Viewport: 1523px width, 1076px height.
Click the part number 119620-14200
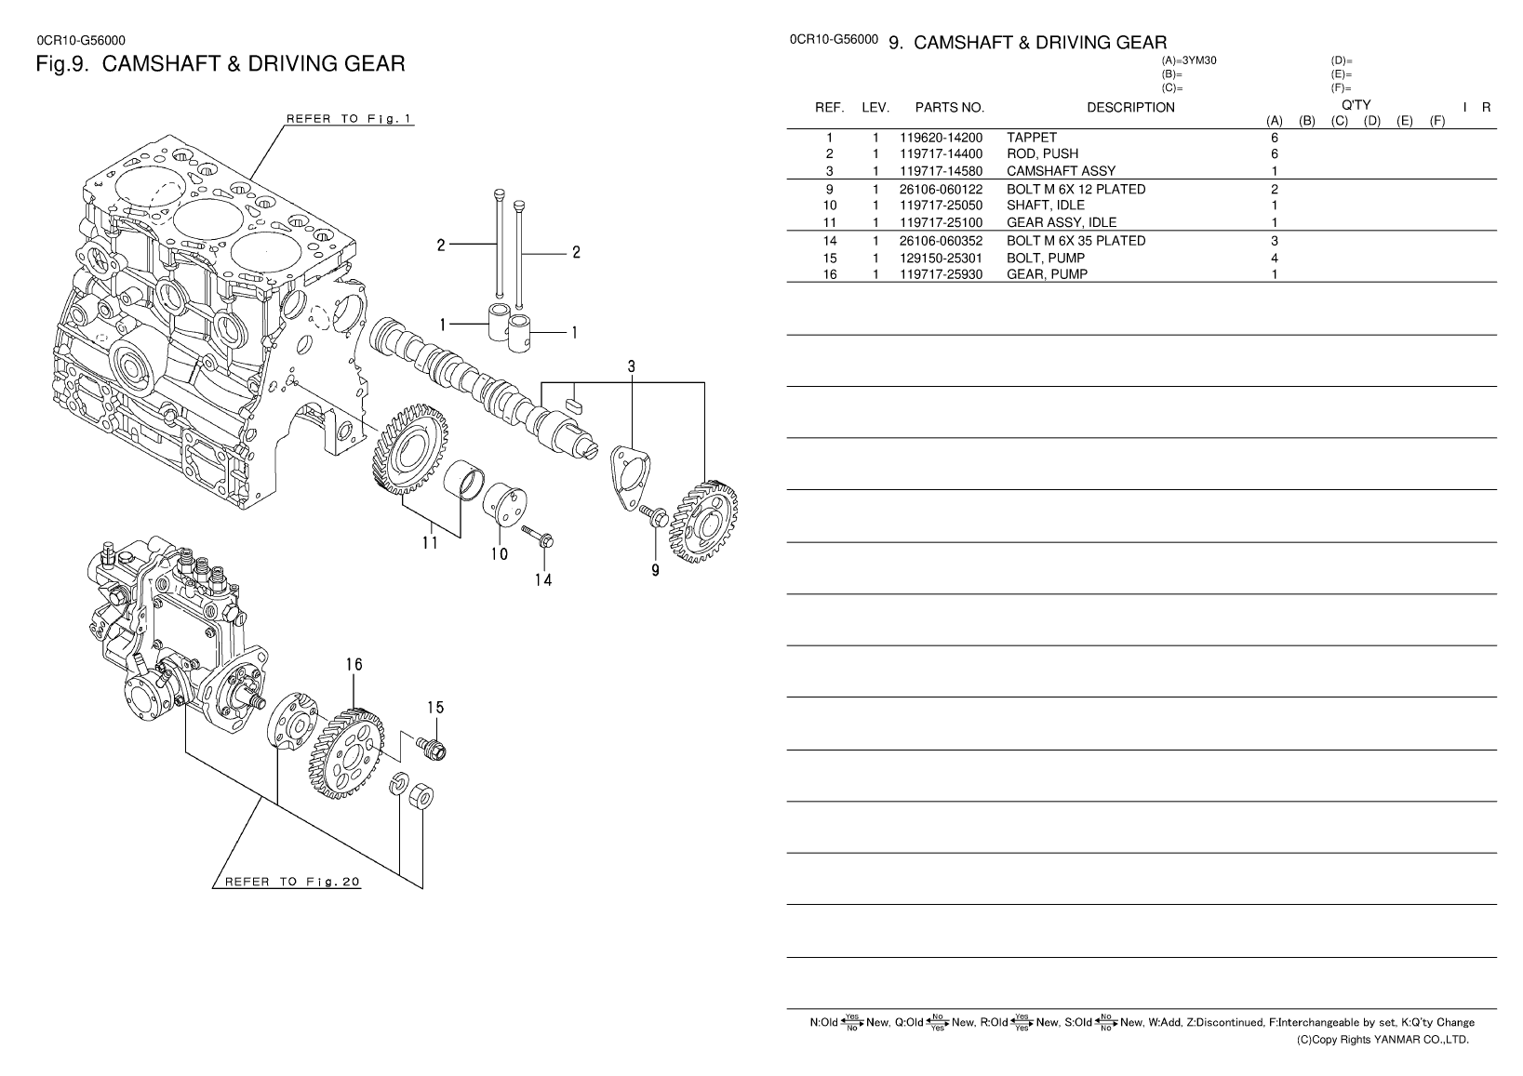[941, 138]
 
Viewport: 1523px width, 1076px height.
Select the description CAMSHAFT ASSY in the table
[1061, 171]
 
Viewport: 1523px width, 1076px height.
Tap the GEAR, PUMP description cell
[1047, 274]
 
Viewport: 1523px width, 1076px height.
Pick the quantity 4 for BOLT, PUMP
[1275, 259]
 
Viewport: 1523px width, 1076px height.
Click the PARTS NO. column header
[949, 107]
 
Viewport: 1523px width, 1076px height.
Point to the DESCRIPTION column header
[1130, 107]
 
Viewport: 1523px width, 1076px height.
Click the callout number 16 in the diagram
[354, 664]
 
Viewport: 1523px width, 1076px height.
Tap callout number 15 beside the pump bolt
[435, 708]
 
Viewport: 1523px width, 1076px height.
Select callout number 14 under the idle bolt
[543, 579]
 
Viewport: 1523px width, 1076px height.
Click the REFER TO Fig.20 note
[292, 883]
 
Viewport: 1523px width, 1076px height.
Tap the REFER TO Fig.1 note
[349, 119]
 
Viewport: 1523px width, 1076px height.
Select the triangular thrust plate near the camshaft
[630, 477]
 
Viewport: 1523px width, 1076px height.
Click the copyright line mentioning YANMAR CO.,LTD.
[1383, 1040]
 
